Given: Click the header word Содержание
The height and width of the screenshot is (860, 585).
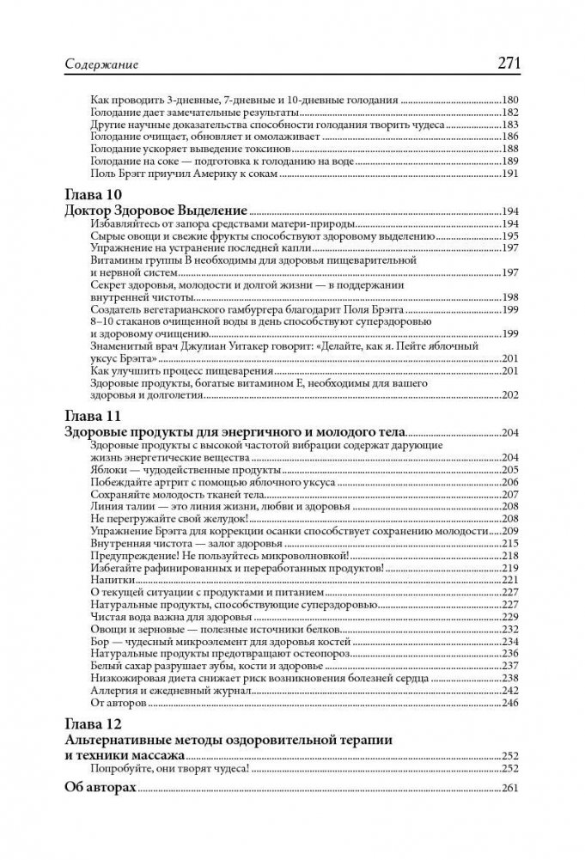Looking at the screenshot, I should (x=101, y=64).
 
